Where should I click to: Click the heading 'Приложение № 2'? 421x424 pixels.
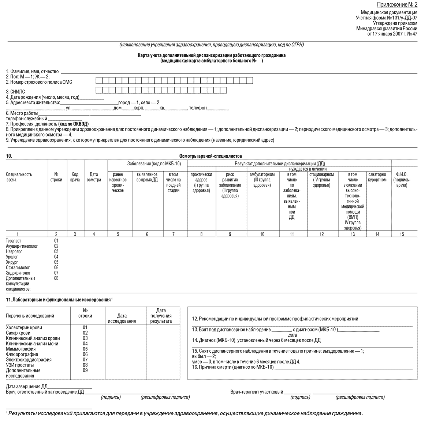tap(397, 5)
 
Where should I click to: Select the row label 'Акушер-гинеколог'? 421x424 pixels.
tap(22, 246)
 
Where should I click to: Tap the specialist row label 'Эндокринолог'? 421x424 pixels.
tap(18, 273)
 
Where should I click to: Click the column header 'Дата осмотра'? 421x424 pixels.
tap(94, 177)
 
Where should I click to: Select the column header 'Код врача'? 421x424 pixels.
tap(75, 177)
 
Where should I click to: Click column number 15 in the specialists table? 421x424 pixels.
tap(402, 234)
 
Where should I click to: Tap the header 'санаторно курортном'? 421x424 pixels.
tap(377, 177)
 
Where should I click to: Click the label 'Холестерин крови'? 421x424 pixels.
tap(24, 327)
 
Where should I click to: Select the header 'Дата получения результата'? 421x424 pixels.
tap(161, 316)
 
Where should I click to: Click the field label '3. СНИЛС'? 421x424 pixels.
tap(15, 92)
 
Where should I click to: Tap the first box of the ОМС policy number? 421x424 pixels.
tap(98, 80)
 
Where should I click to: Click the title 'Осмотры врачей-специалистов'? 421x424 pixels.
tap(210, 156)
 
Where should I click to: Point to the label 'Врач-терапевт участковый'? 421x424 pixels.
tap(257, 392)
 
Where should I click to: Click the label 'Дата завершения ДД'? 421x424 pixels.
tap(27, 387)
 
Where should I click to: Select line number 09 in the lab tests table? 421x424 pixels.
tap(85, 370)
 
